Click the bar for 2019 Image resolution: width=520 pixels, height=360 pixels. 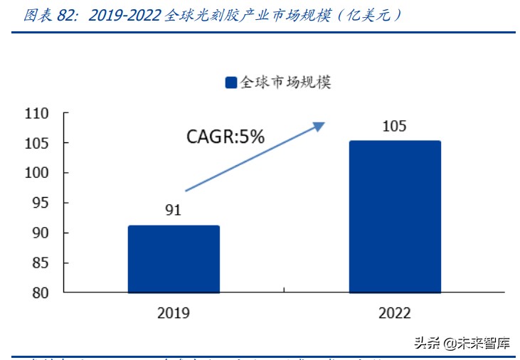tap(174, 259)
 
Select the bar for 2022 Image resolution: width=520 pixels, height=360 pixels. tap(395, 216)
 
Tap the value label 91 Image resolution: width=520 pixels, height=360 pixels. tap(174, 210)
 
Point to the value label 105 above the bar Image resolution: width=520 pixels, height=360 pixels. tap(394, 127)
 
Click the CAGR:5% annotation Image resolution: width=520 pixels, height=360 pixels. tap(225, 136)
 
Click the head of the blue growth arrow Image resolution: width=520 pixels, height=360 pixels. tap(319, 126)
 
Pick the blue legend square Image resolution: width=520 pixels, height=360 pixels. tap(230, 83)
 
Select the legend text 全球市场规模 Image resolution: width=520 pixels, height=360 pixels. tap(286, 83)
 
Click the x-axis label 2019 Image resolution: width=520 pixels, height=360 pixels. tap(174, 312)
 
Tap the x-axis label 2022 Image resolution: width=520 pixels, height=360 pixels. tap(395, 312)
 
